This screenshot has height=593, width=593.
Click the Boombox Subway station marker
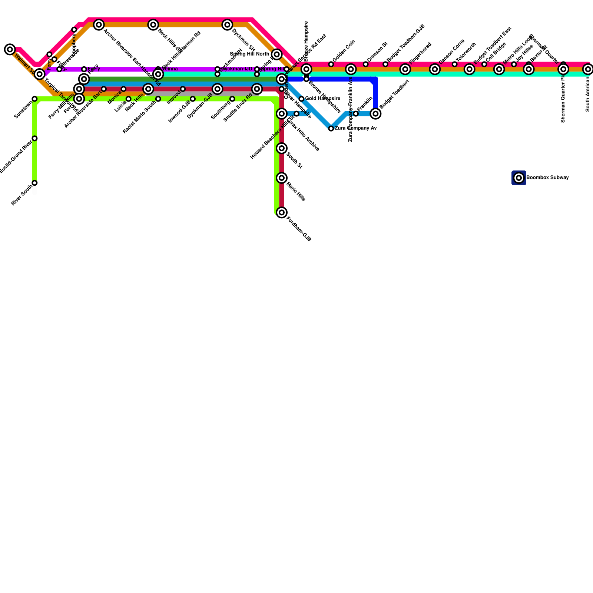point(519,178)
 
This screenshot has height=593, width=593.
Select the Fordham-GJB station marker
point(282,212)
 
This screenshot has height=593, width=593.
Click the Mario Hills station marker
point(282,178)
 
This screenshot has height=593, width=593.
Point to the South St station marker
point(282,148)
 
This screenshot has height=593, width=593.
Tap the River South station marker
point(34,183)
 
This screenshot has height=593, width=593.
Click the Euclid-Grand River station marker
point(34,138)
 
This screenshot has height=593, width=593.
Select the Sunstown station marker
point(34,99)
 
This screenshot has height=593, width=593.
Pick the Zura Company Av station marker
point(331,128)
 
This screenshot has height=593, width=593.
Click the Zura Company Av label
point(355,128)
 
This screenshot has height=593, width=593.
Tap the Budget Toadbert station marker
point(375,113)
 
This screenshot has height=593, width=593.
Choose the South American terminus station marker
point(588,69)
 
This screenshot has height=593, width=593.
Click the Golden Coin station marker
point(331,64)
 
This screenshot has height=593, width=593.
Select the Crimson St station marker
point(365,64)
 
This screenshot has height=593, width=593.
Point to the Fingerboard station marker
point(405,69)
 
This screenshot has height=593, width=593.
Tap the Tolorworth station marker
point(454,64)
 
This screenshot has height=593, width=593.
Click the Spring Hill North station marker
point(276,54)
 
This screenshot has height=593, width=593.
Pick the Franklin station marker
point(356,113)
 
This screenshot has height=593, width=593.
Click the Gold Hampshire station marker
point(301,99)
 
